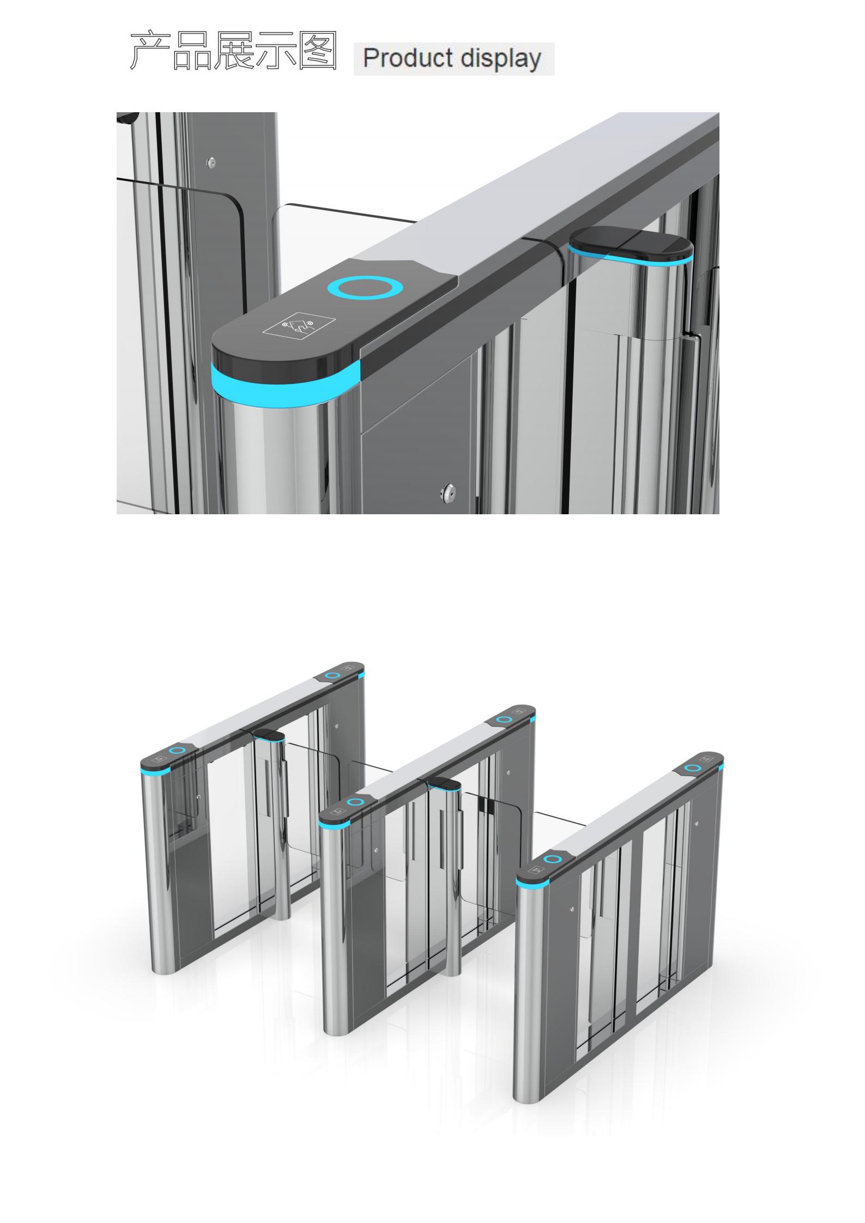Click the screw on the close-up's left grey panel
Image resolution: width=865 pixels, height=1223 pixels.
[212, 162]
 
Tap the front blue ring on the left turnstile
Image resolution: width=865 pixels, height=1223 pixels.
[177, 751]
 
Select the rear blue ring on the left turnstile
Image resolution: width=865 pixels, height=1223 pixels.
[331, 676]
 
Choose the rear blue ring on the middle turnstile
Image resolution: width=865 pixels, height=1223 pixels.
[505, 720]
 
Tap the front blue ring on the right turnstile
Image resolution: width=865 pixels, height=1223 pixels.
[554, 860]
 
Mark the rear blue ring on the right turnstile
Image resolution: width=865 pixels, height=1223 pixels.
[693, 768]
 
